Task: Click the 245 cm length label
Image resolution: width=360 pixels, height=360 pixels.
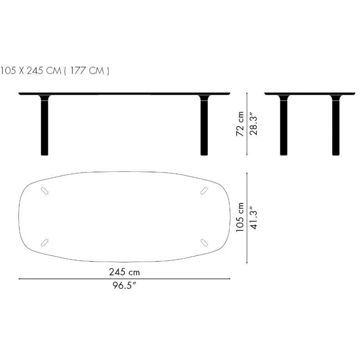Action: click(x=124, y=272)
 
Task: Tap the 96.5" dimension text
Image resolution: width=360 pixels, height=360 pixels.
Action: click(x=124, y=286)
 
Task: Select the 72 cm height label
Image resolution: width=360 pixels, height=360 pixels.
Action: click(x=240, y=124)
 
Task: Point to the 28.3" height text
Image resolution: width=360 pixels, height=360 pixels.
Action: click(x=254, y=124)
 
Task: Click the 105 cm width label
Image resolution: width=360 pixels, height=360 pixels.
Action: click(x=240, y=218)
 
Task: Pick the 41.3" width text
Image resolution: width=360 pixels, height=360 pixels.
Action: click(x=254, y=218)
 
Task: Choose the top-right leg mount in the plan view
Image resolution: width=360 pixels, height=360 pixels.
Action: click(x=204, y=190)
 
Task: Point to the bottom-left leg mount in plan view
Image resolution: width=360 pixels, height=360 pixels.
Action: click(x=45, y=241)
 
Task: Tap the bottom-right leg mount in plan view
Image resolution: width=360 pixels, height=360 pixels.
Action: click(x=204, y=241)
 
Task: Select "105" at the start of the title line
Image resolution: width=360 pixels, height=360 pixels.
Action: click(x=8, y=71)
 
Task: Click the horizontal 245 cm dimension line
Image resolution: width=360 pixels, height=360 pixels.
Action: click(x=124, y=279)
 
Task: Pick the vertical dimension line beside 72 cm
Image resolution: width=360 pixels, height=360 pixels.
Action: click(x=248, y=124)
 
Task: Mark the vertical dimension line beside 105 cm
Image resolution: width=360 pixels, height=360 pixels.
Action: click(x=248, y=218)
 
